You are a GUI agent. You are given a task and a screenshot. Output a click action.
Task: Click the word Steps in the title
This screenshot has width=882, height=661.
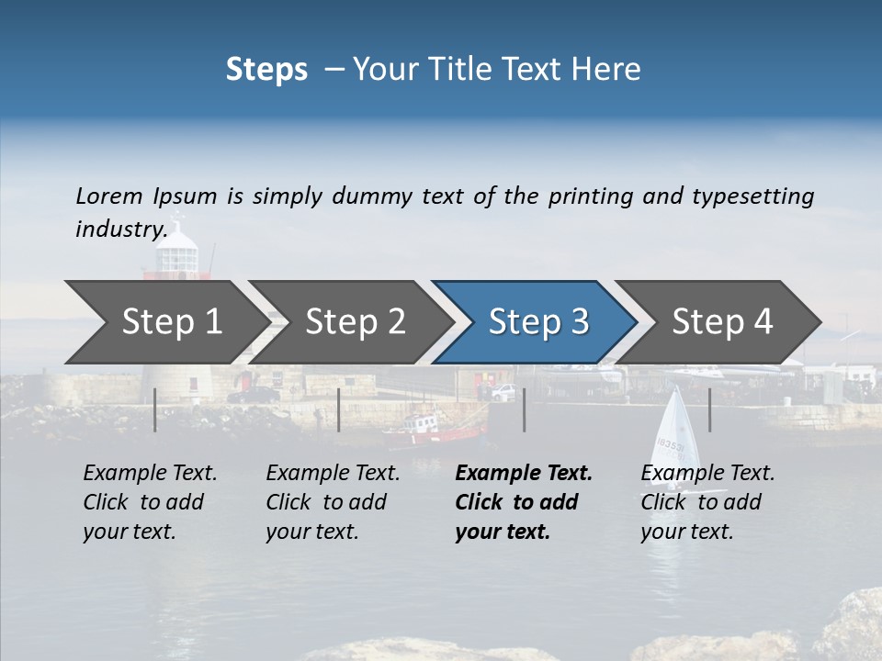[x=266, y=70]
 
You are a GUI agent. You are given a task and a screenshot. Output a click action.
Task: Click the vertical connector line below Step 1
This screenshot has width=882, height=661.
[x=155, y=409]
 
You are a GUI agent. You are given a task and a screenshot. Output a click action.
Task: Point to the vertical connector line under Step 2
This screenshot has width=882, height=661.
[x=339, y=409]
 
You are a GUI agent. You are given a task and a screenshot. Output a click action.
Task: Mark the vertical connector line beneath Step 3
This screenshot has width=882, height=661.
[x=524, y=409]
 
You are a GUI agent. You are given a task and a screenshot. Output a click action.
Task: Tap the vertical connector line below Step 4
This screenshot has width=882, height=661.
[x=709, y=409]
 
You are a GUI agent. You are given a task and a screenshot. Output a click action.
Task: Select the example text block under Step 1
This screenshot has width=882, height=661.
[x=150, y=502]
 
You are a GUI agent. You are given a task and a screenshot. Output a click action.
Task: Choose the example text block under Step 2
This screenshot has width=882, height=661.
[x=333, y=502]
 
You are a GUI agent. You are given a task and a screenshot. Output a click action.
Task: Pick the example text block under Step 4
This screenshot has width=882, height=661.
[x=707, y=502]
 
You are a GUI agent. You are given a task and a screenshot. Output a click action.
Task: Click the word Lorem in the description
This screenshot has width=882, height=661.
[x=109, y=196]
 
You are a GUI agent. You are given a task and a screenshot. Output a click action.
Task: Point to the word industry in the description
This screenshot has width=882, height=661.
[x=120, y=229]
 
